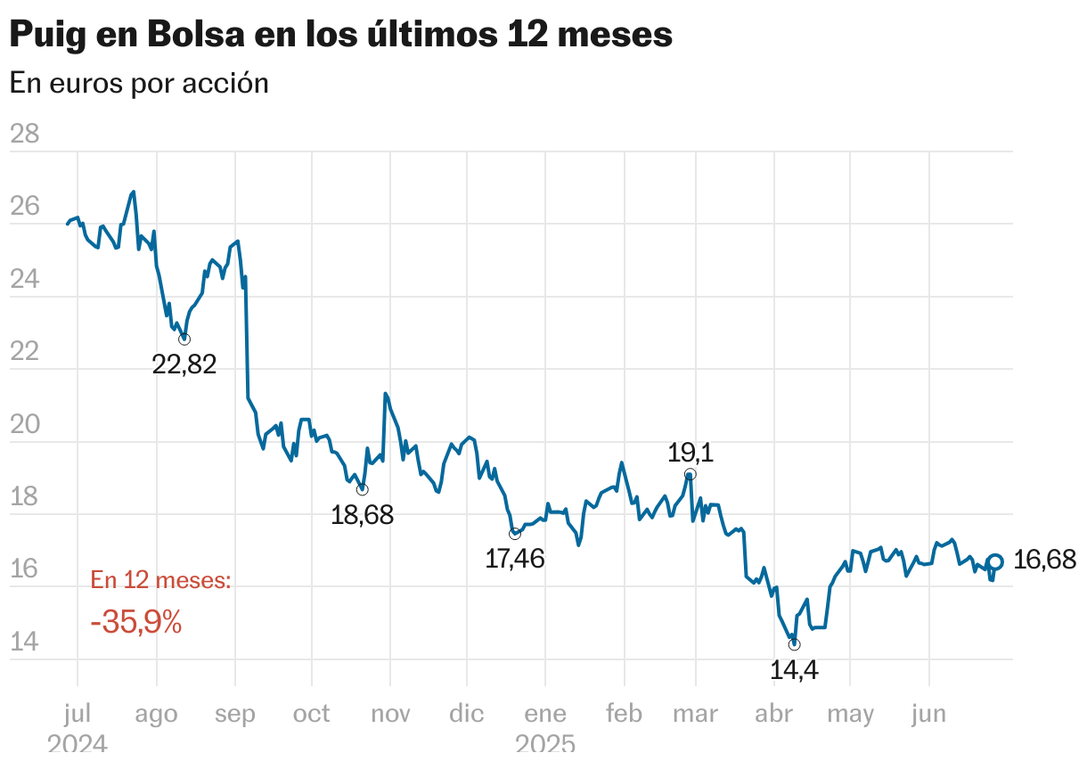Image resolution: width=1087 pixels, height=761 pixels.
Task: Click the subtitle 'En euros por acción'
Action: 139,83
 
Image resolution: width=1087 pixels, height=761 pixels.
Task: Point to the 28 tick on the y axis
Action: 24,135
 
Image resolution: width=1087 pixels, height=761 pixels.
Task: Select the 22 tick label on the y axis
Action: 24,352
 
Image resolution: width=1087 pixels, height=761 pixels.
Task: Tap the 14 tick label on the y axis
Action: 24,642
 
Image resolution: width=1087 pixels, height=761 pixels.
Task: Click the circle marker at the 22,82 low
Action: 184,340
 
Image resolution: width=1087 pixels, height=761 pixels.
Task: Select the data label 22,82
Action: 184,364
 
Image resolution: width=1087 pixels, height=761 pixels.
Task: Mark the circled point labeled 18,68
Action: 362,489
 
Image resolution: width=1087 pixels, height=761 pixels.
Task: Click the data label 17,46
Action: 514,560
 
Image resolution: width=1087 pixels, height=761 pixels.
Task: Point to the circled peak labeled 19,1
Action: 691,475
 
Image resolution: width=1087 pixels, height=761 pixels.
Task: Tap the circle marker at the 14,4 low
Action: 794,644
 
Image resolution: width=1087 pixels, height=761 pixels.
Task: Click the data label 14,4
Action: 794,670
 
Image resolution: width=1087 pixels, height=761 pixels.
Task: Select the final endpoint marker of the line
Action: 995,561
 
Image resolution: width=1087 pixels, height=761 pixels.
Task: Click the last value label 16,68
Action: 1045,561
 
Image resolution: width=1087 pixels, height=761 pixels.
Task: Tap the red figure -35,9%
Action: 136,623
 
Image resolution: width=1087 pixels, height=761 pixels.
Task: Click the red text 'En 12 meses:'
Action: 161,581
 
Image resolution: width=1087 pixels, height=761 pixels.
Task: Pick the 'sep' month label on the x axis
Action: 234,714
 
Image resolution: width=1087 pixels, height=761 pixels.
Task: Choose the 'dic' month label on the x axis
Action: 467,714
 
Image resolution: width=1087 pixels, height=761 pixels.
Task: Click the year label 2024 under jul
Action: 78,745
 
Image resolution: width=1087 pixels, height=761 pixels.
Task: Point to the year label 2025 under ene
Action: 545,745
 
